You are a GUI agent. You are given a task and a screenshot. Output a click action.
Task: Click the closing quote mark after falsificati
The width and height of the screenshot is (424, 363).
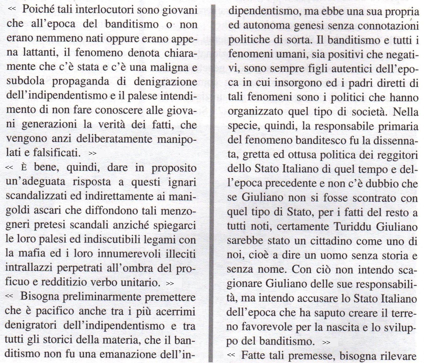coord(92,153)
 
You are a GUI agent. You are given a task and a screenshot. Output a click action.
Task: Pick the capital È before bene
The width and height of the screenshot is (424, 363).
coord(24,168)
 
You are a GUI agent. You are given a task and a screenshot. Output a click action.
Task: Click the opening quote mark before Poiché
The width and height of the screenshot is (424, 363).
coord(12,8)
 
